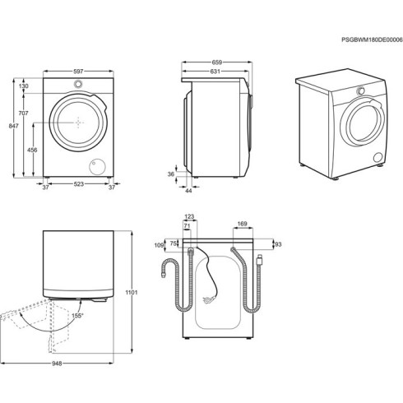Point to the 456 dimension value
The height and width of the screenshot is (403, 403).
pyautogui.click(x=32, y=150)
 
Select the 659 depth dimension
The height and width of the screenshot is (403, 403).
pyautogui.click(x=215, y=62)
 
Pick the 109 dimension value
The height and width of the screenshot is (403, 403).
pyautogui.click(x=159, y=245)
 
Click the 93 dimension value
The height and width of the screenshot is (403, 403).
pyautogui.click(x=277, y=244)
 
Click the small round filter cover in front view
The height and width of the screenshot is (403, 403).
pyautogui.click(x=98, y=164)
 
